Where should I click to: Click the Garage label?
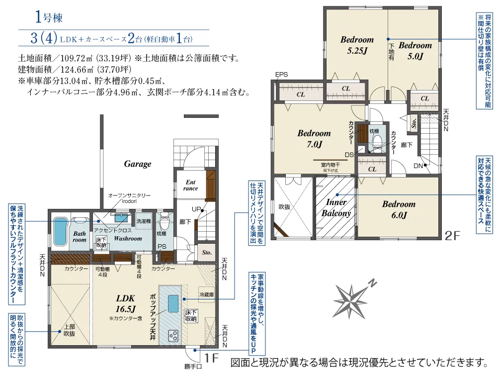[x=138, y=164]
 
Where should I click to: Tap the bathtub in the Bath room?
[x=61, y=228]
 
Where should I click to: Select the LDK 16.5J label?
[x=126, y=303]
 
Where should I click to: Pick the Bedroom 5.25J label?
[x=357, y=45]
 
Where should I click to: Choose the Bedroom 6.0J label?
[x=399, y=209]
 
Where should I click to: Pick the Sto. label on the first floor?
[x=207, y=253]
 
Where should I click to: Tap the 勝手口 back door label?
[x=193, y=368]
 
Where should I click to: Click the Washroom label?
[x=128, y=239]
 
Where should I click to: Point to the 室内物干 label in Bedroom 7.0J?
[x=330, y=165]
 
